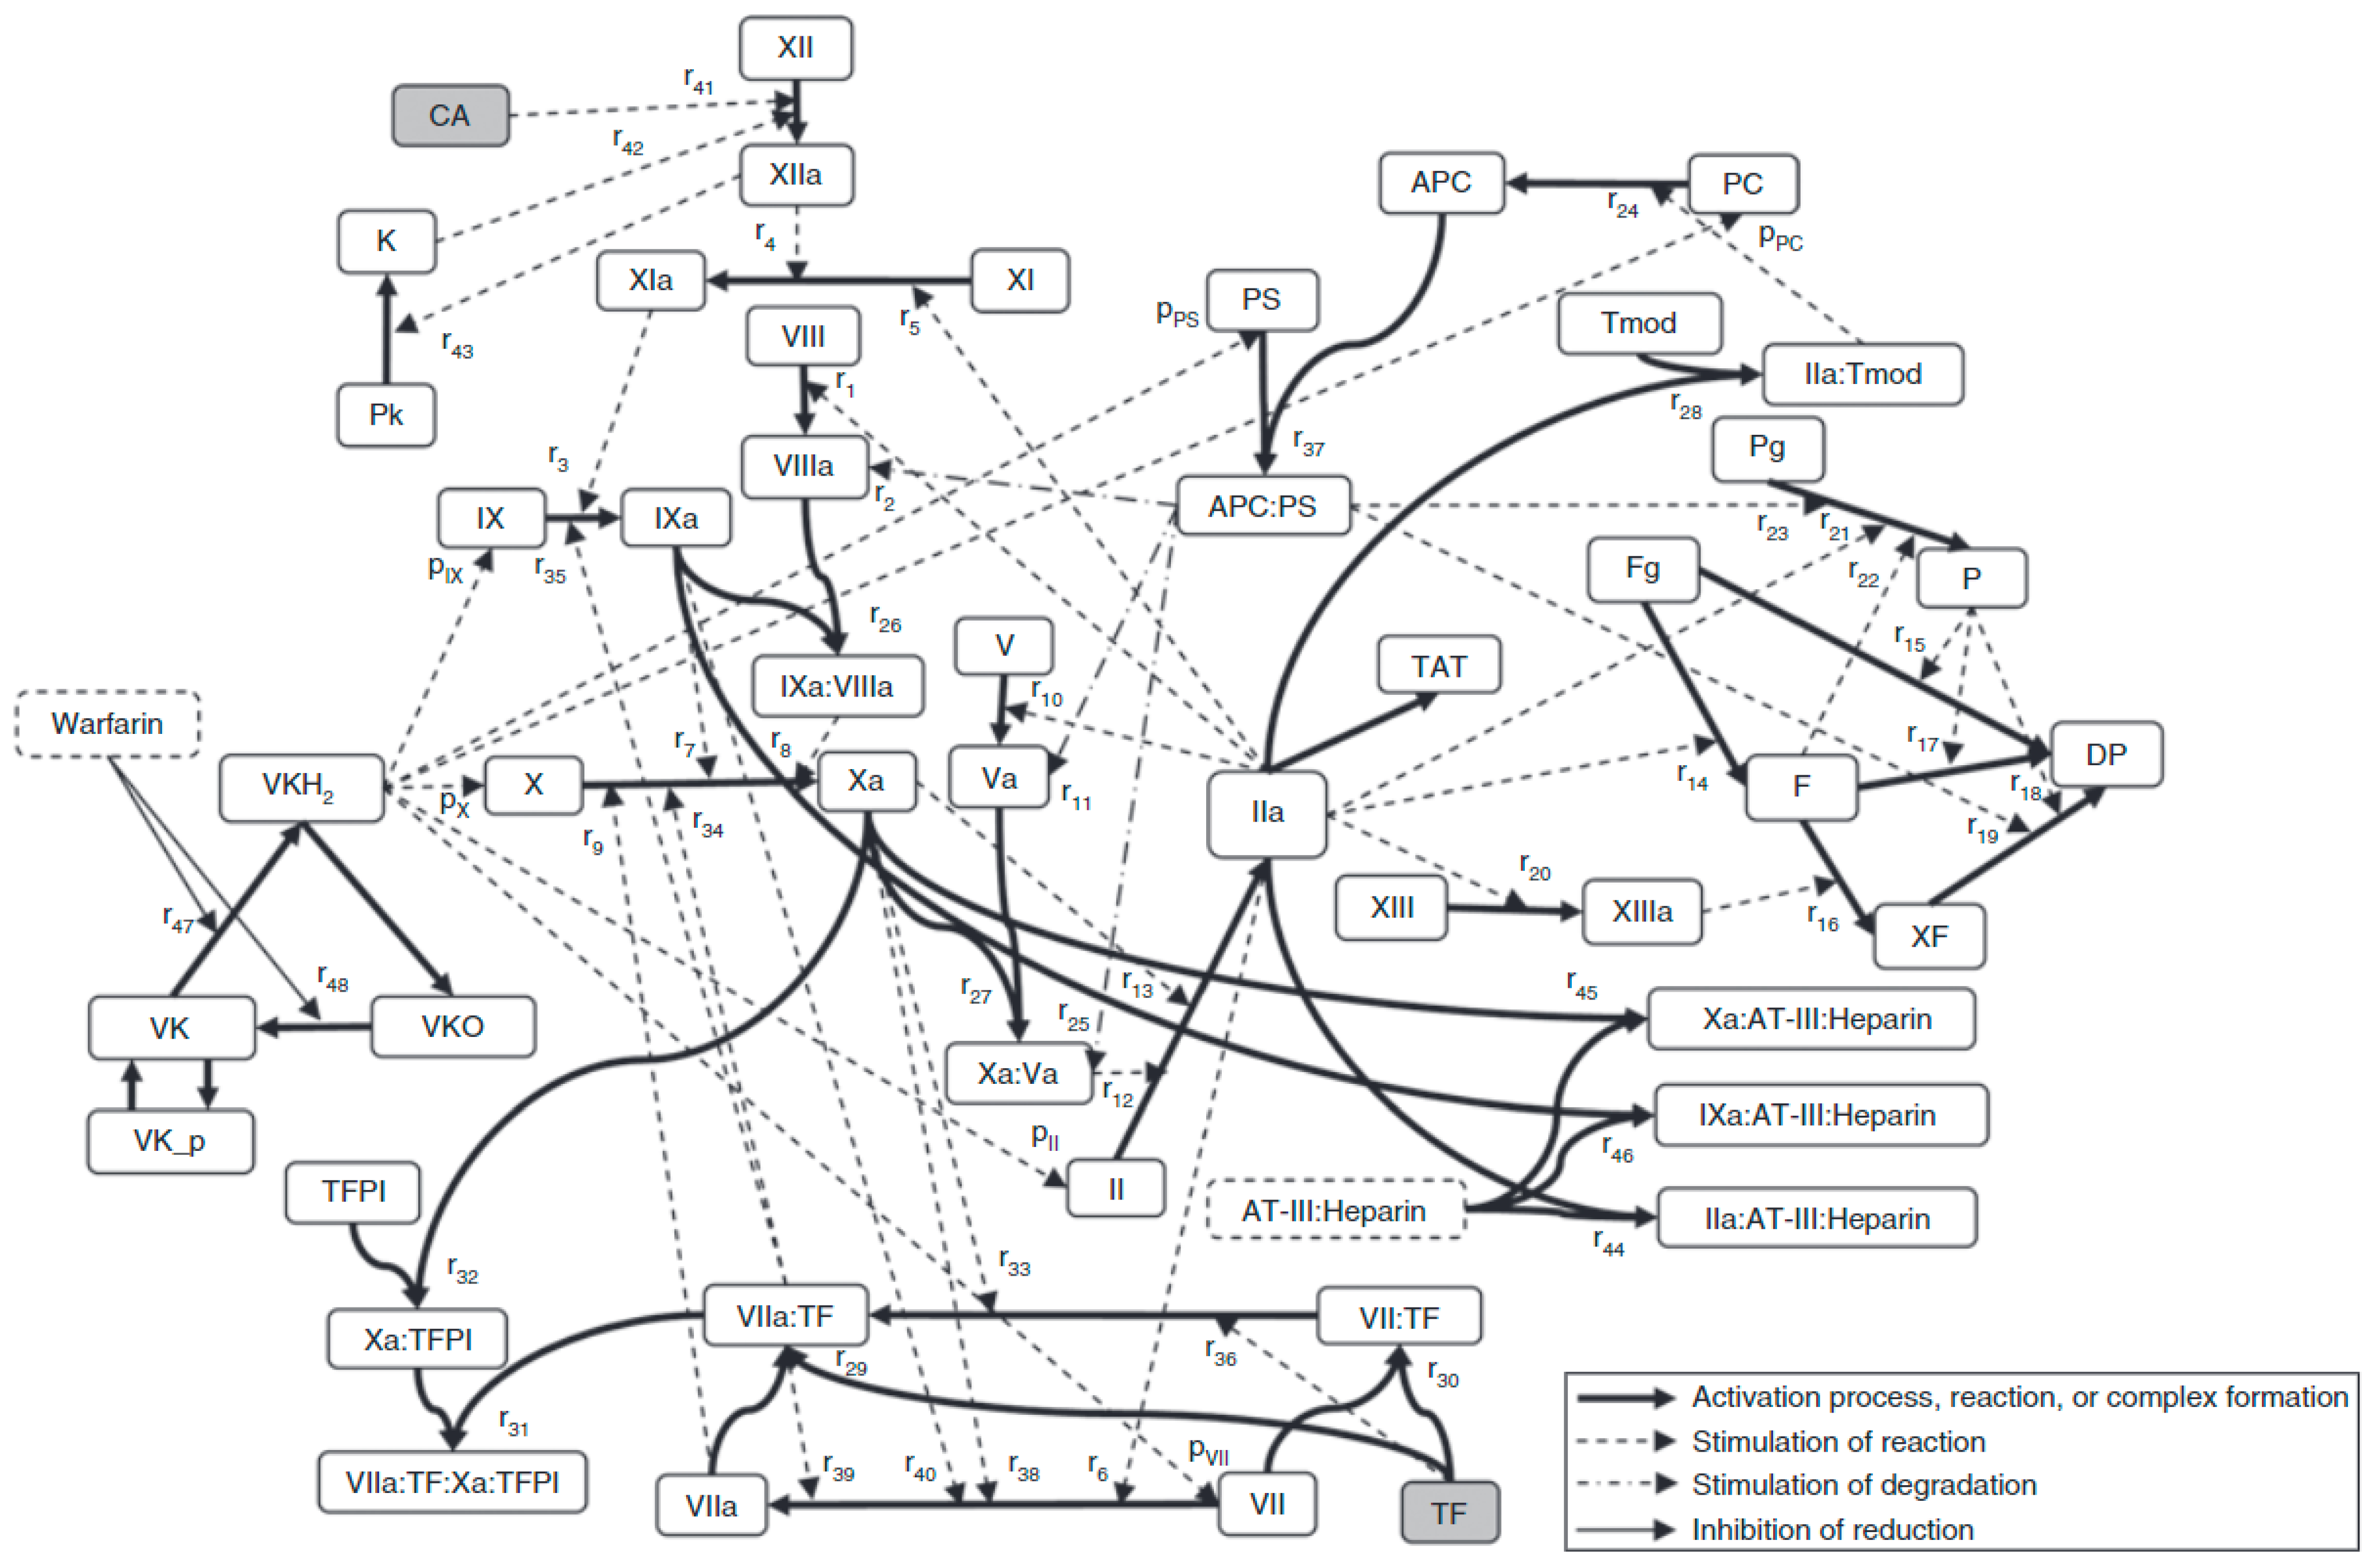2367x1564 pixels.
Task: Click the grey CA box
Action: pos(450,116)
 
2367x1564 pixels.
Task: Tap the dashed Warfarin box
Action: pos(107,723)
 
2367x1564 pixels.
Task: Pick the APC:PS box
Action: pos(1262,506)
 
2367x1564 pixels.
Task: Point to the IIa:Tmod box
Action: pos(1862,374)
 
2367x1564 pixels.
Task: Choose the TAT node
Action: pos(1438,665)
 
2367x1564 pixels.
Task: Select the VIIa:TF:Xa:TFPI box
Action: pos(452,1482)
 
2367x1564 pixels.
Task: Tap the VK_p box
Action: pos(169,1141)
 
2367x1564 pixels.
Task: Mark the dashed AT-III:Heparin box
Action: pos(1334,1211)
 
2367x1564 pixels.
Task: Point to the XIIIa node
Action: pos(1642,911)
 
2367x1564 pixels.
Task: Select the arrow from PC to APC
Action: pos(1596,183)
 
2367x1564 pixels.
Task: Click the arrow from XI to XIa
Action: pos(838,280)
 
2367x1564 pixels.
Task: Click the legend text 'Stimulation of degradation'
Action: pos(1863,1484)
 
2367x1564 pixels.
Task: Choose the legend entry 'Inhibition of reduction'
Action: pos(1831,1529)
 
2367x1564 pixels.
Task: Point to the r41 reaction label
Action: pos(698,80)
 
